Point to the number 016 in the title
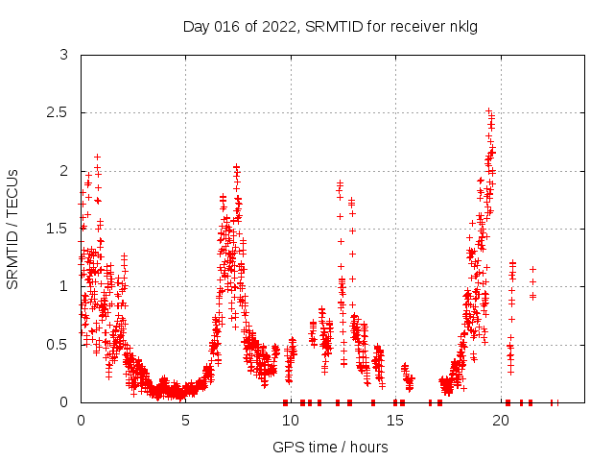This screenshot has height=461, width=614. pyautogui.click(x=231, y=26)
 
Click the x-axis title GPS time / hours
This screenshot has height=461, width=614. pyautogui.click(x=330, y=447)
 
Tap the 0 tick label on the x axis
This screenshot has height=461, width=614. pyautogui.click(x=81, y=420)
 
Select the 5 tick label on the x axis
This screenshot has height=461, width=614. pyautogui.click(x=185, y=420)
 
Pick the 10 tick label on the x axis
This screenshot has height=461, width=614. pyautogui.click(x=290, y=420)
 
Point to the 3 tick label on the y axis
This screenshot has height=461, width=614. pyautogui.click(x=63, y=55)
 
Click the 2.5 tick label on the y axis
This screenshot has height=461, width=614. pyautogui.click(x=58, y=112)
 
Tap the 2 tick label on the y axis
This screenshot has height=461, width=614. pyautogui.click(x=63, y=170)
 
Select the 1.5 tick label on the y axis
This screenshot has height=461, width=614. pyautogui.click(x=58, y=229)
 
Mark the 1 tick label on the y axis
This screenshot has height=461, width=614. pyautogui.click(x=63, y=286)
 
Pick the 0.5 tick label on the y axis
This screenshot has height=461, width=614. pyautogui.click(x=58, y=344)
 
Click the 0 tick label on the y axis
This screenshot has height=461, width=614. pyautogui.click(x=63, y=401)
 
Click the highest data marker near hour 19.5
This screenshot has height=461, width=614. pyautogui.click(x=488, y=110)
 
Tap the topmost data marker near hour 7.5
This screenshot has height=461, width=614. pyautogui.click(x=236, y=166)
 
